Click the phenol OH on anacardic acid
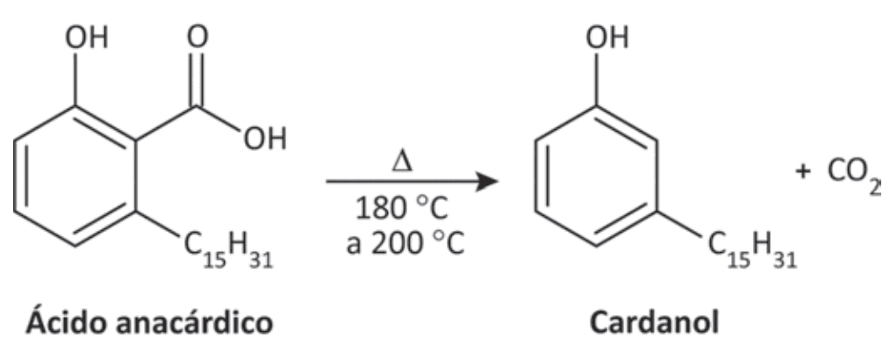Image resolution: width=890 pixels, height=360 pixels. (86, 39)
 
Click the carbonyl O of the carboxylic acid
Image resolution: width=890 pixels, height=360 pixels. (197, 38)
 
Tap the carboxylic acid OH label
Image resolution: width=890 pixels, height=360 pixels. (265, 139)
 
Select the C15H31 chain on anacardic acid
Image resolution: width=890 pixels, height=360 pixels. (228, 249)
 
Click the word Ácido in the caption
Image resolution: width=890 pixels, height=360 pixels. (61, 322)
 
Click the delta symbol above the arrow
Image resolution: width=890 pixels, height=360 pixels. (402, 162)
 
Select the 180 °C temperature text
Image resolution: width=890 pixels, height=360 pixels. (402, 209)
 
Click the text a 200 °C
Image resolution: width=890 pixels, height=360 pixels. (406, 244)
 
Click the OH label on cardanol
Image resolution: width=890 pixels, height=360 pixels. (607, 39)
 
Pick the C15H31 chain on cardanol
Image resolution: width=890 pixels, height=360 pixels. (752, 249)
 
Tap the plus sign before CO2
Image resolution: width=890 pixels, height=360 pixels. (802, 173)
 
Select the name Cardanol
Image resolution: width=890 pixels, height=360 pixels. (654, 322)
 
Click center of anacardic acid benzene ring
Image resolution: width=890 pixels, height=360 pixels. (75, 176)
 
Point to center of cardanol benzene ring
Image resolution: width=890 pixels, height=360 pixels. (597, 176)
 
